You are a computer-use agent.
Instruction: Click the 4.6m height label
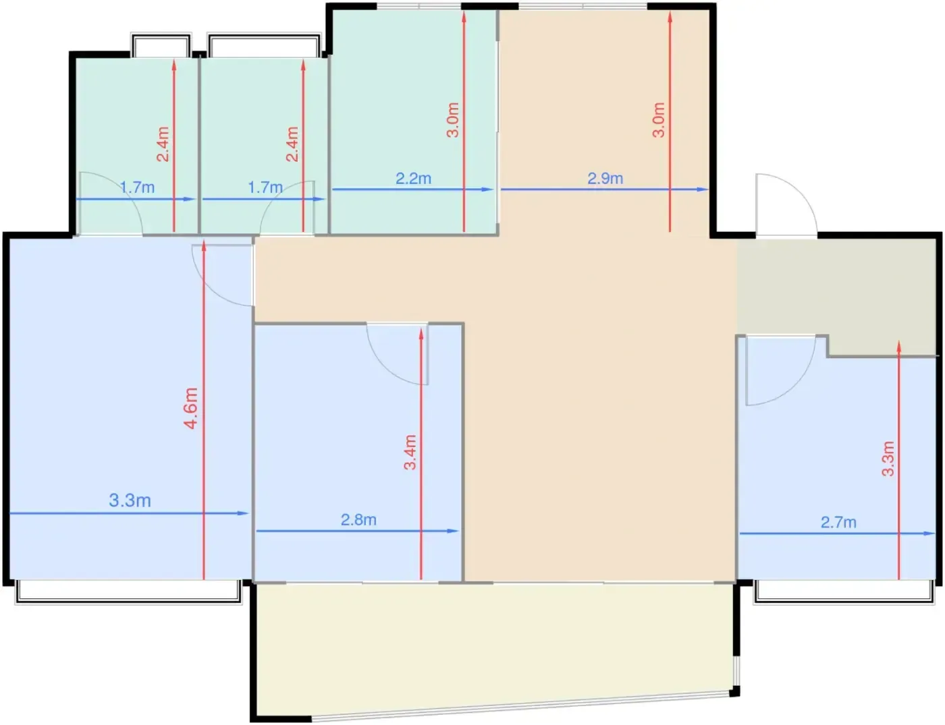click(x=191, y=408)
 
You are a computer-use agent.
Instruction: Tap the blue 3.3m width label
click(x=130, y=500)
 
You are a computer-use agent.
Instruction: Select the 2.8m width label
click(x=358, y=519)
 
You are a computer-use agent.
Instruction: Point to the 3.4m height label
click(x=410, y=453)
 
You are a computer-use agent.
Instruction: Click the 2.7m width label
click(x=838, y=522)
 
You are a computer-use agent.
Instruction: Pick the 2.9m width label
click(x=605, y=178)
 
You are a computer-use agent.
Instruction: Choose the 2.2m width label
click(x=413, y=178)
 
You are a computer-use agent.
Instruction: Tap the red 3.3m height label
click(x=888, y=459)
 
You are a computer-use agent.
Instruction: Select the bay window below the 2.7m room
click(x=844, y=593)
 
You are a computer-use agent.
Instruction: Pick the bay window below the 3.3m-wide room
click(x=129, y=593)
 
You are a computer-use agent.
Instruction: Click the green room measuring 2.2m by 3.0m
click(x=414, y=121)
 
